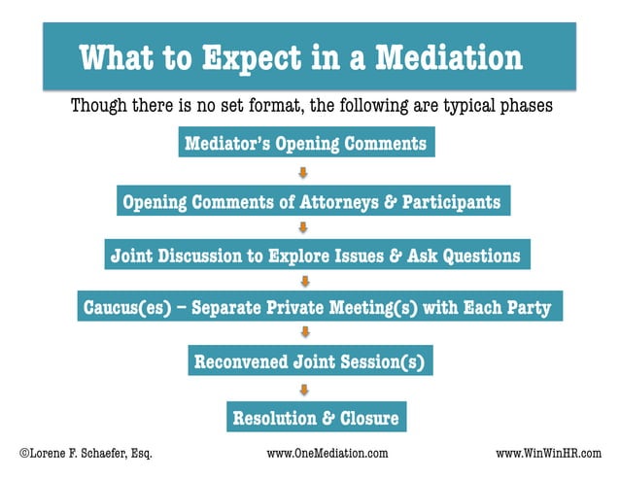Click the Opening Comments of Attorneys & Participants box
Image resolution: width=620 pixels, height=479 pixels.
(x=311, y=201)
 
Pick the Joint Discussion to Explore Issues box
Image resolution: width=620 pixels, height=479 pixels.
(x=315, y=256)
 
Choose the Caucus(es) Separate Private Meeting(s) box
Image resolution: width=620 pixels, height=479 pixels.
(x=317, y=309)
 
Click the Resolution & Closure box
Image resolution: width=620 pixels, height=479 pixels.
(x=313, y=418)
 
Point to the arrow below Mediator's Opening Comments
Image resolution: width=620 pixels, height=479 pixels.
(x=303, y=173)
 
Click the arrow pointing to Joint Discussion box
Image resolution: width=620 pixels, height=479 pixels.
(x=303, y=228)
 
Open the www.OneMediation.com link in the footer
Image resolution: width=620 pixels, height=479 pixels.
(x=327, y=454)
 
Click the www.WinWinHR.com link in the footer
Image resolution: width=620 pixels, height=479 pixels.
(x=548, y=454)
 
